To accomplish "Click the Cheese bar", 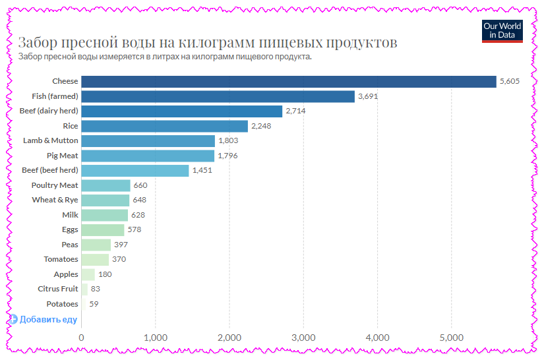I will click(288, 81).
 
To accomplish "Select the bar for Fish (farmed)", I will click(218, 96).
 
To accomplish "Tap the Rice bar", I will click(164, 126).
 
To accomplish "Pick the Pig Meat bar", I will click(148, 156).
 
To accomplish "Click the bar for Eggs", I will click(102, 229).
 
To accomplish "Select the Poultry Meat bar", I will click(106, 185).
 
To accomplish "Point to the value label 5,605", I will click(510, 81).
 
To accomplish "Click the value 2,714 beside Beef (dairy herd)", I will click(295, 111).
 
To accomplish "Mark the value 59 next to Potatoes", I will click(94, 304).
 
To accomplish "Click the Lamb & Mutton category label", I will click(50, 140).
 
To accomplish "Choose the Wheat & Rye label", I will click(55, 200).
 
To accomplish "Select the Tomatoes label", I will click(61, 259).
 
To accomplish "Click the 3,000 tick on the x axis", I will click(303, 338).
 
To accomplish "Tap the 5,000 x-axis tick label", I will click(451, 338).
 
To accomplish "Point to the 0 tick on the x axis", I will click(81, 338).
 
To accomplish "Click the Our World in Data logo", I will click(502, 31).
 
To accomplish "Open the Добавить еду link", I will click(47, 320).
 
